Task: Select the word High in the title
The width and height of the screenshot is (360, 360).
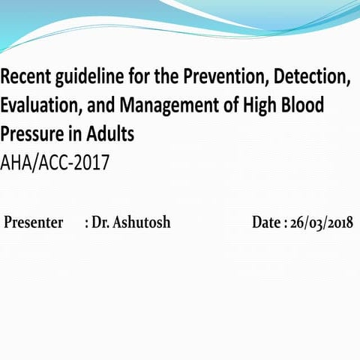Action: pos(259,107)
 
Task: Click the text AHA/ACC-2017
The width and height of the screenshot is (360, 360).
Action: pos(55,163)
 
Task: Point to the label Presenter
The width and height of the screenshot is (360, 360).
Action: pos(34,223)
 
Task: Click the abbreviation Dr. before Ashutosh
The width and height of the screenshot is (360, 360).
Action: pos(100,223)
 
